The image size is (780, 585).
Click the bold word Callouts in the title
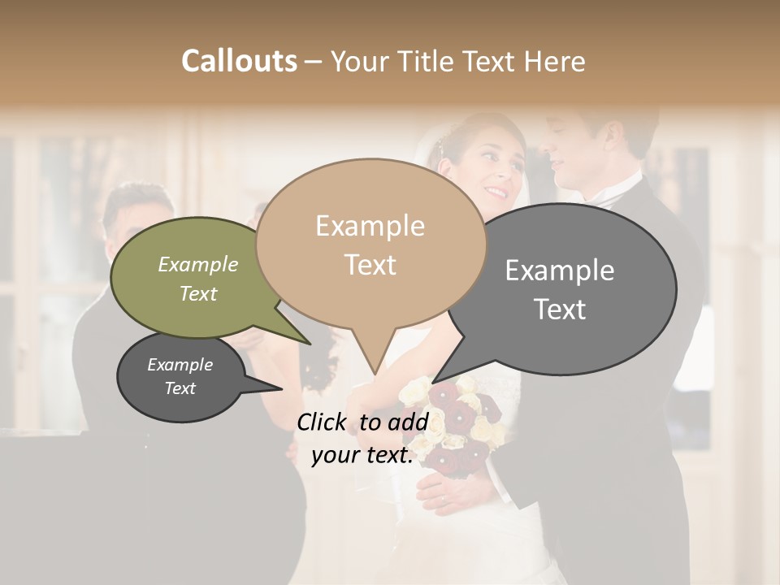pyautogui.click(x=239, y=61)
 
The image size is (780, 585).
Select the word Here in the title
pyautogui.click(x=553, y=61)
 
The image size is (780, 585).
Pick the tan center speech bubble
pyautogui.click(x=370, y=244)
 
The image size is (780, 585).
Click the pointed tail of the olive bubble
pyautogui.click(x=309, y=344)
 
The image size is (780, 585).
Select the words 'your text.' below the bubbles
pyautogui.click(x=362, y=455)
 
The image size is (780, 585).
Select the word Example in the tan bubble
pyautogui.click(x=370, y=226)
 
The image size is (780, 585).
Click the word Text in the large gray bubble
pyautogui.click(x=560, y=309)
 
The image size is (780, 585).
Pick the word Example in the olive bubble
pyautogui.click(x=197, y=264)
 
